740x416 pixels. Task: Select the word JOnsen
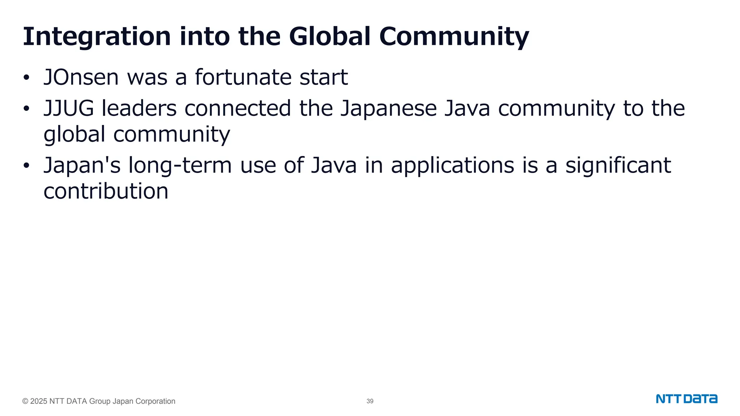pyautogui.click(x=81, y=77)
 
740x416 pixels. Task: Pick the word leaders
pyautogui.click(x=139, y=108)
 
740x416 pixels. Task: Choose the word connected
pyautogui.click(x=238, y=108)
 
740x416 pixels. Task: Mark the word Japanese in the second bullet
pyautogui.click(x=388, y=108)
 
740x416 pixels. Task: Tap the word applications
pyautogui.click(x=452, y=165)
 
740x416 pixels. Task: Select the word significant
pyautogui.click(x=618, y=165)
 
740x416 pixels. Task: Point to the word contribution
pyautogui.click(x=106, y=191)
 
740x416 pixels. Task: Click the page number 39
pyautogui.click(x=370, y=401)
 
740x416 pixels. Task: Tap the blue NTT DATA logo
pyautogui.click(x=687, y=399)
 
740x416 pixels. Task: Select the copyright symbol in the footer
pyautogui.click(x=25, y=401)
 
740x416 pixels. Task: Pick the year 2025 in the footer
pyautogui.click(x=39, y=401)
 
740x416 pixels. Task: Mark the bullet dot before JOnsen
pyautogui.click(x=26, y=78)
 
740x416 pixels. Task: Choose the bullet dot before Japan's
pyautogui.click(x=26, y=166)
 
